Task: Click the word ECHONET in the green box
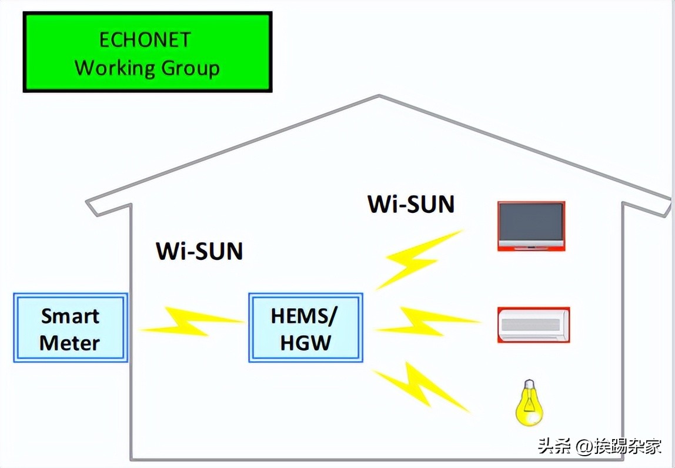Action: point(145,40)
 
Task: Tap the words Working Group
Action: point(147,68)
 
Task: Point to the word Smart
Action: point(70,316)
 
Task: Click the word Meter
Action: point(69,343)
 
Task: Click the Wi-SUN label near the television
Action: point(411,204)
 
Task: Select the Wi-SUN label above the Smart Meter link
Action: point(199,251)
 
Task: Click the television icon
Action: point(531,226)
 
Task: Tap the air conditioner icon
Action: point(533,325)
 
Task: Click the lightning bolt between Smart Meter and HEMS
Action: point(191,322)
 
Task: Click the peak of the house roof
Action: point(378,96)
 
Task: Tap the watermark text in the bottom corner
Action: point(599,446)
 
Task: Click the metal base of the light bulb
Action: point(530,386)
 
